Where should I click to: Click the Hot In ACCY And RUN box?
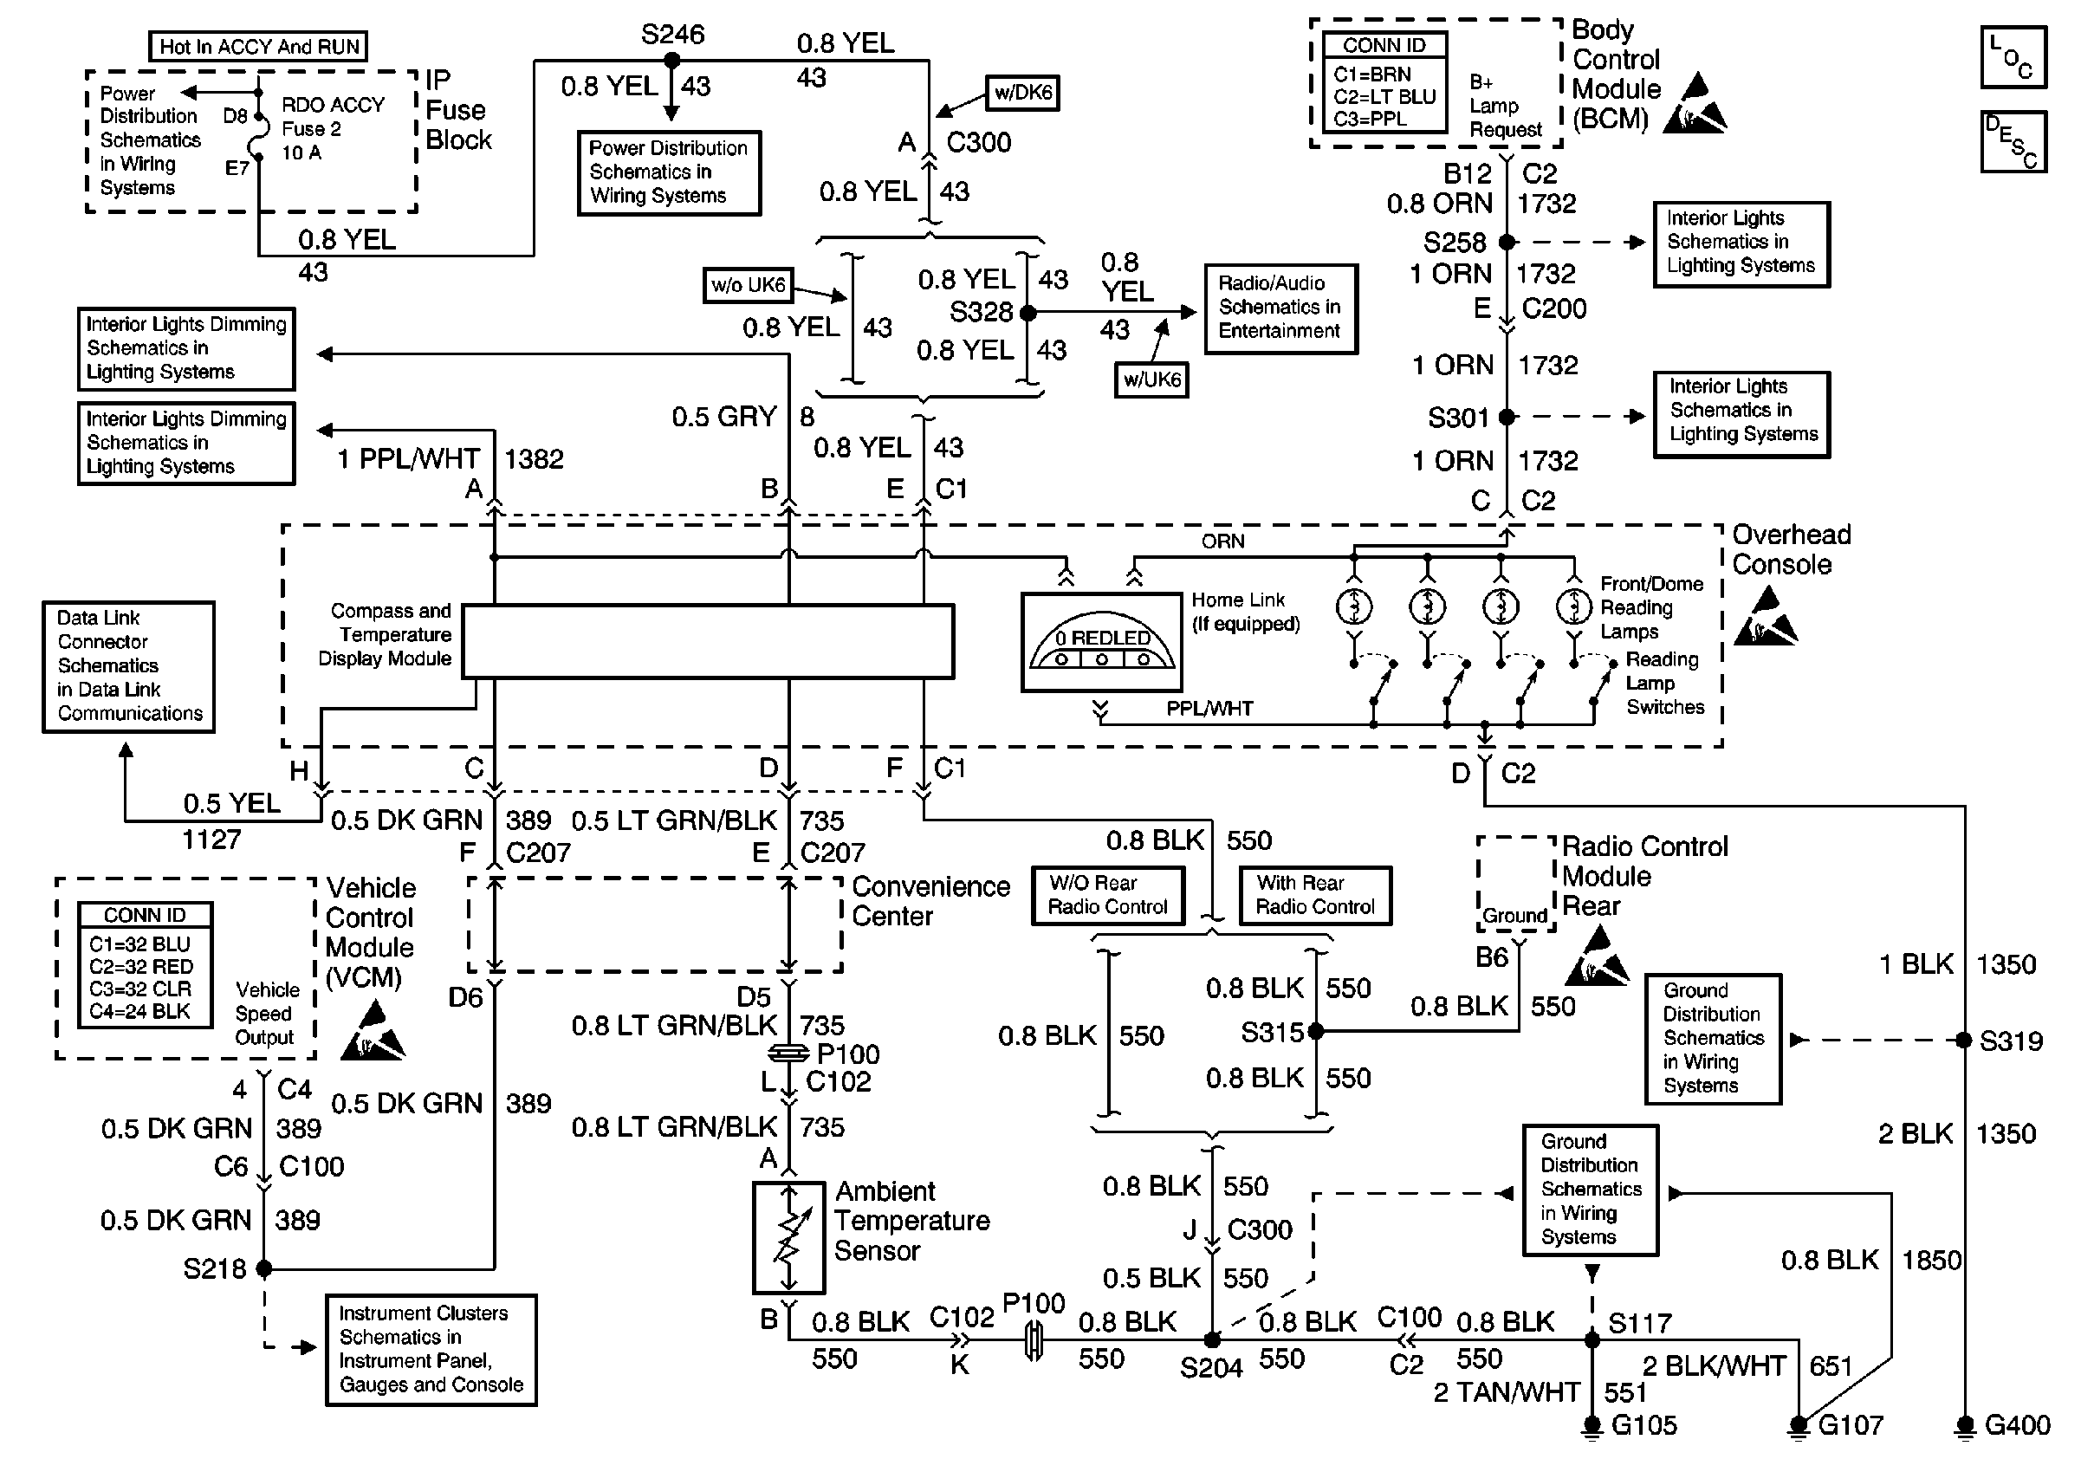click(258, 46)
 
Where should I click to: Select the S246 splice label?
click(672, 35)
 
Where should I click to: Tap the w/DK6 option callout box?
click(1022, 93)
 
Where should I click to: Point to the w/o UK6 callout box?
click(749, 284)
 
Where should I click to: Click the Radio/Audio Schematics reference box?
click(1280, 308)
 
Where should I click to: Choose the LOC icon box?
click(2013, 57)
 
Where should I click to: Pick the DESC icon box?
click(2013, 141)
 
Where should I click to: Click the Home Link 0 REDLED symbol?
click(1101, 643)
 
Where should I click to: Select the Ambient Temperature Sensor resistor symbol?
click(788, 1237)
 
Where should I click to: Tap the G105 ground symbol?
click(1592, 1426)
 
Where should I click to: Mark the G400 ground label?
click(2018, 1425)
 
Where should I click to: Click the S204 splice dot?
click(1212, 1339)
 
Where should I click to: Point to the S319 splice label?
click(2011, 1041)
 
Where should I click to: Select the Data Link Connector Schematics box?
click(129, 666)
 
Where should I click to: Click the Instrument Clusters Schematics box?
click(431, 1349)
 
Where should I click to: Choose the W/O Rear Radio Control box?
click(1107, 895)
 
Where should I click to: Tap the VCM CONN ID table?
click(145, 964)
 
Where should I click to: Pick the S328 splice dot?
click(1027, 313)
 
